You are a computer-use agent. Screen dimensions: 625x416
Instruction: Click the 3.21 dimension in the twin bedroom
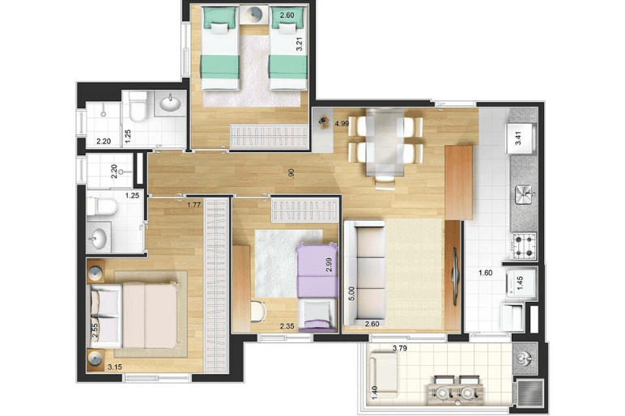pyautogui.click(x=299, y=44)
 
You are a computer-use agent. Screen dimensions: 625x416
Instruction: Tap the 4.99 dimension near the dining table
pyautogui.click(x=342, y=124)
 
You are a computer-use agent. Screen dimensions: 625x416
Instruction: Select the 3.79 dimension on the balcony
pyautogui.click(x=400, y=348)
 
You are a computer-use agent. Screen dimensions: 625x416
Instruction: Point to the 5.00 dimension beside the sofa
pyautogui.click(x=351, y=294)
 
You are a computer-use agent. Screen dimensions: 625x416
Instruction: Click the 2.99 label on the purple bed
pyautogui.click(x=329, y=265)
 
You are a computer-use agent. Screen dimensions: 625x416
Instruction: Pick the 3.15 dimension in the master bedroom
pyautogui.click(x=115, y=367)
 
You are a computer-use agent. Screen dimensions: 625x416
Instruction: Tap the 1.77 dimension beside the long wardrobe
pyautogui.click(x=194, y=206)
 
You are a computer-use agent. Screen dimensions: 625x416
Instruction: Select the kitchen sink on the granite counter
pyautogui.click(x=525, y=195)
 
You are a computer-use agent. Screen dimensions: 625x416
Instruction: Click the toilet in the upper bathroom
pyautogui.click(x=138, y=106)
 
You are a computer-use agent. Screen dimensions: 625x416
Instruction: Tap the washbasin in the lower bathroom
pyautogui.click(x=97, y=238)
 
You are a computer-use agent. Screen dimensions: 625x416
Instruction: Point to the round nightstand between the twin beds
pyautogui.click(x=254, y=15)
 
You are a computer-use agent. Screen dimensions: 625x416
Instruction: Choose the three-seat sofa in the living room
pyautogui.click(x=364, y=273)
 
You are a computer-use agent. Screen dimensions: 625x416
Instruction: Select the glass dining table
pyautogui.click(x=385, y=142)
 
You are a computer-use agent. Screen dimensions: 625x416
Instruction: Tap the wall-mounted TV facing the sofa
pyautogui.click(x=455, y=276)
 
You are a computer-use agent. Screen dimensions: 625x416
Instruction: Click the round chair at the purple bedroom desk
pyautogui.click(x=259, y=312)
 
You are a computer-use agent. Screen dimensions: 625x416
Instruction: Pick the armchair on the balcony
pyautogui.click(x=383, y=374)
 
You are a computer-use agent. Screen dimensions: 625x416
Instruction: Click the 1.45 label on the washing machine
pyautogui.click(x=520, y=282)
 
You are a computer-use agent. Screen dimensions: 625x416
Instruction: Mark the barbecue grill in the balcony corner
pyautogui.click(x=529, y=393)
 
